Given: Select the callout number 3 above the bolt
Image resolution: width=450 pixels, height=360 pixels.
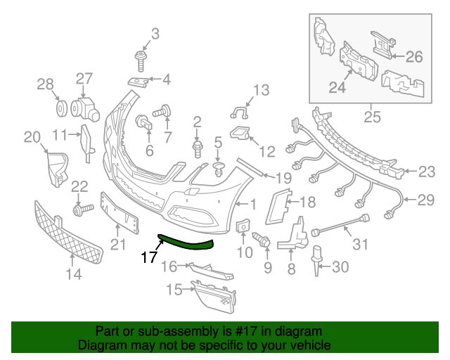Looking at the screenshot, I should pyautogui.click(x=155, y=34).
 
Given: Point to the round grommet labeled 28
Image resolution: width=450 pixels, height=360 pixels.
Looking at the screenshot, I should pyautogui.click(x=61, y=110).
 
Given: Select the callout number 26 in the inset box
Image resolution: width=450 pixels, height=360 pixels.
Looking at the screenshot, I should pyautogui.click(x=414, y=56).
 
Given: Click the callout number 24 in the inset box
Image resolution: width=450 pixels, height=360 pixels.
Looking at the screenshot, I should pyautogui.click(x=338, y=89).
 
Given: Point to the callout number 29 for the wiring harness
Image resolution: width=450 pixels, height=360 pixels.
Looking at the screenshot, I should pyautogui.click(x=426, y=200).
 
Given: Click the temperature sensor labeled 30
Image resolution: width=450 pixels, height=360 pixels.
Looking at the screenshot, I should pyautogui.click(x=317, y=259).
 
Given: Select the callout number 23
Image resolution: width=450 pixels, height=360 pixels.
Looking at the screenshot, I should pyautogui.click(x=427, y=171).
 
